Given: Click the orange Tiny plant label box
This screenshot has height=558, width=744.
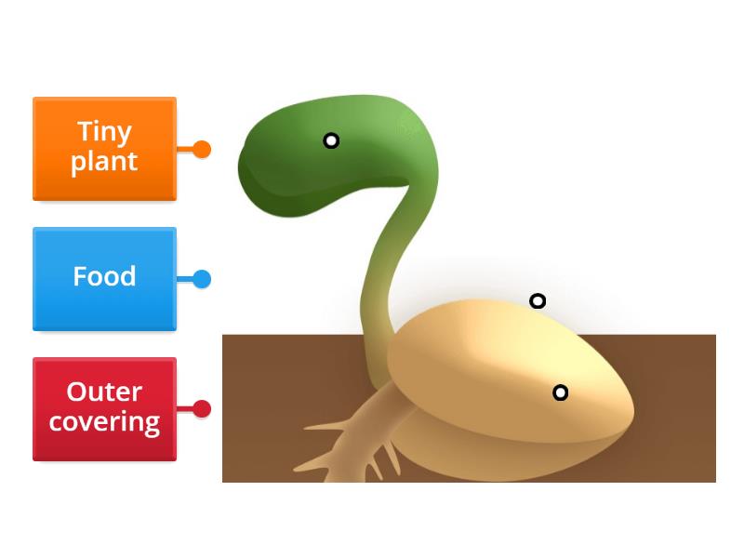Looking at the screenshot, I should click(104, 148).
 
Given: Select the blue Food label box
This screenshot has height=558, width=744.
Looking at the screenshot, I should click(104, 278).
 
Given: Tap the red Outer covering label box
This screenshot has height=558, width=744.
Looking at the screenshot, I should click(104, 408).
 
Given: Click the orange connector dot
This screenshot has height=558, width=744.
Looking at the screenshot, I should click(202, 149).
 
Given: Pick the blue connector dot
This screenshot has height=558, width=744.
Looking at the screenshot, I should click(202, 279).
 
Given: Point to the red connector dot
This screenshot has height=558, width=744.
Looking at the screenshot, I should click(202, 409).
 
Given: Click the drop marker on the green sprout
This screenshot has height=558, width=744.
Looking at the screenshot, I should click(331, 140).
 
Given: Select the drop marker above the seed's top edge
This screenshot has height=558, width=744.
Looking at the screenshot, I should click(538, 300).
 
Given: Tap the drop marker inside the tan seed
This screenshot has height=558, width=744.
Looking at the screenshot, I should click(560, 392).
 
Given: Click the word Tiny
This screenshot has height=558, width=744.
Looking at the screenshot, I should click(104, 131).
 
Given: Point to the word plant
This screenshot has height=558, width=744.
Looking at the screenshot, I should click(104, 162).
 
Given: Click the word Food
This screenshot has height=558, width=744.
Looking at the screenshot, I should click(104, 276).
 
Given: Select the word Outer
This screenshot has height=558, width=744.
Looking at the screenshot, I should click(104, 392).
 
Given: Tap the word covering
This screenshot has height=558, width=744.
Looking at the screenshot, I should click(104, 422).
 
